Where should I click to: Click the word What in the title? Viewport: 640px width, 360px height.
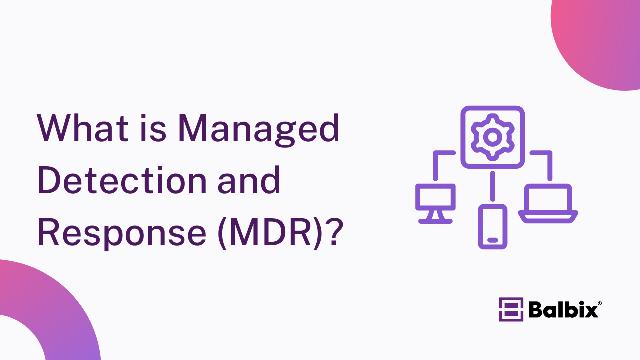tap(83, 128)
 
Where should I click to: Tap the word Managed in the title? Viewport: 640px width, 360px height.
tap(259, 130)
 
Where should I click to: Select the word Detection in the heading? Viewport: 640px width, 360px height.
tap(122, 180)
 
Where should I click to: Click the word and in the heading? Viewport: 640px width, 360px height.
tap(249, 180)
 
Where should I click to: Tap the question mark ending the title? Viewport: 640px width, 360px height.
tap(335, 232)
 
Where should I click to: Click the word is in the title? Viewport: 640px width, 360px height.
tap(153, 128)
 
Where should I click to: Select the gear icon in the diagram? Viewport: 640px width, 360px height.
tap(493, 137)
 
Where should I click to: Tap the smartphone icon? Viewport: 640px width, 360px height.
tap(493, 227)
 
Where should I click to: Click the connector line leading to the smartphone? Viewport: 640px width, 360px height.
tap(493, 186)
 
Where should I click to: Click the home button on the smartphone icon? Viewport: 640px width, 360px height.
tap(493, 240)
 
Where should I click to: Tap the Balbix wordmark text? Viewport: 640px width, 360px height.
tap(563, 309)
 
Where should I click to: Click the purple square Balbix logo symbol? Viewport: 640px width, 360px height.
tap(511, 309)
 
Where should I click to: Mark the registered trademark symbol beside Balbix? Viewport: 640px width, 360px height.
tap(599, 303)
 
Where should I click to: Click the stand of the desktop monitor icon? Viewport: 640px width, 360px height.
tap(435, 217)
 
